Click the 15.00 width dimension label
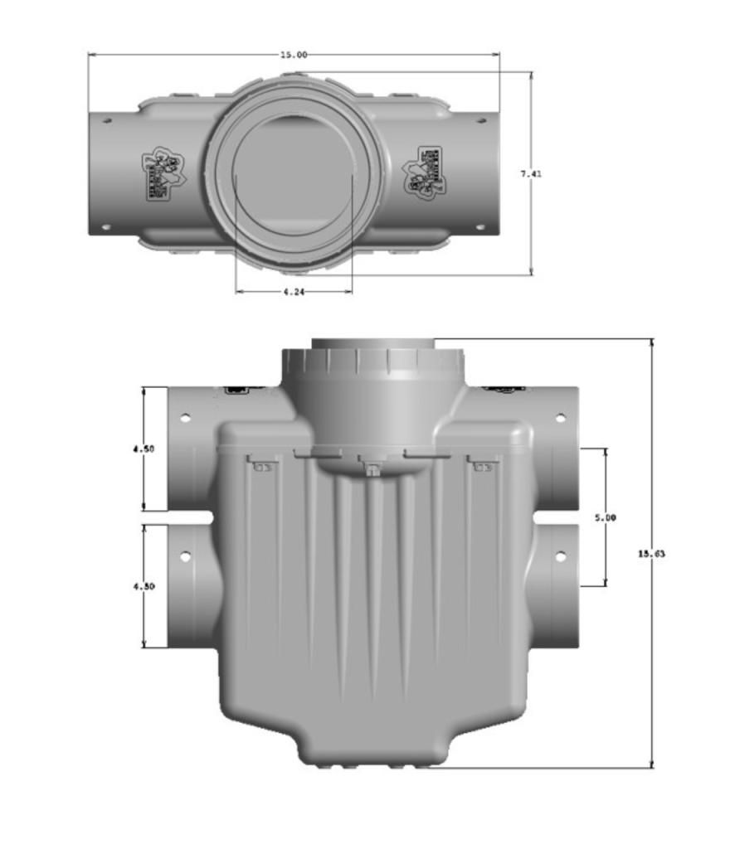[x=294, y=55]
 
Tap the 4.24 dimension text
[x=294, y=292]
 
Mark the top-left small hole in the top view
[x=107, y=120]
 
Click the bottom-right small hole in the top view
[x=479, y=226]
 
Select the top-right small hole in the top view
[x=479, y=120]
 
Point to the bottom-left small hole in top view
[x=107, y=226]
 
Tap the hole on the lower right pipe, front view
[x=560, y=556]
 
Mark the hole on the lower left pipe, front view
[x=187, y=556]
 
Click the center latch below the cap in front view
[x=372, y=469]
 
